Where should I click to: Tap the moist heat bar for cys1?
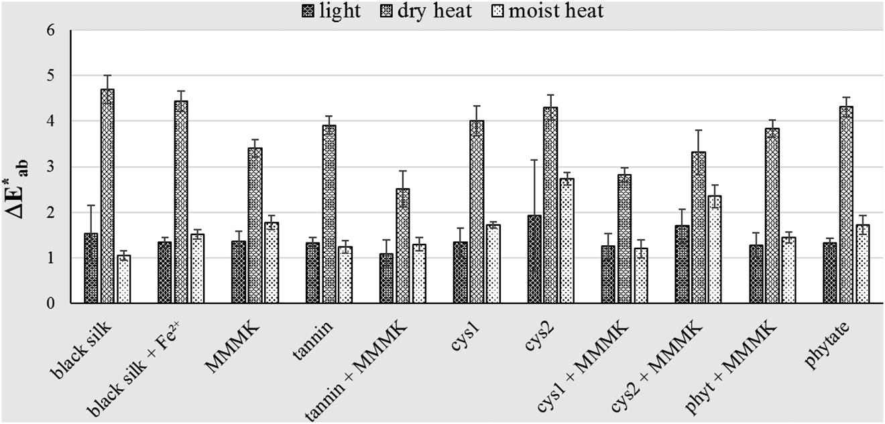click(493, 264)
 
